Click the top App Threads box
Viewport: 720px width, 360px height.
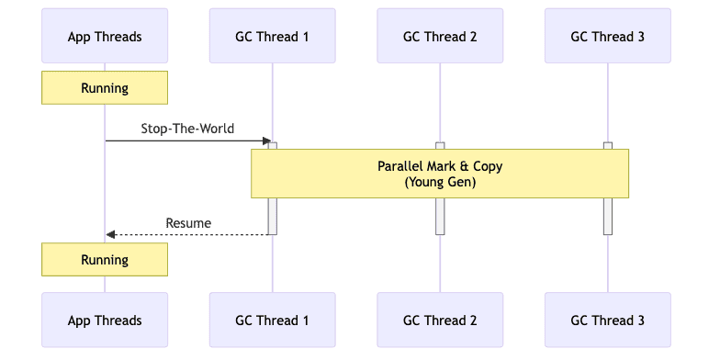pyautogui.click(x=105, y=37)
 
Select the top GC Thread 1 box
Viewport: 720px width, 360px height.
pyautogui.click(x=272, y=37)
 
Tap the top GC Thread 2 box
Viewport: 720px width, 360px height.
pyautogui.click(x=440, y=37)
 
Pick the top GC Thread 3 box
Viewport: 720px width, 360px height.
pyautogui.click(x=607, y=37)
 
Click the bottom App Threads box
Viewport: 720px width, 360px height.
pyautogui.click(x=105, y=321)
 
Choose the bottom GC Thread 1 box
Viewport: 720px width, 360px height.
pyautogui.click(x=272, y=321)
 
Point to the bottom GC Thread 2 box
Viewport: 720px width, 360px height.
pyautogui.click(x=440, y=321)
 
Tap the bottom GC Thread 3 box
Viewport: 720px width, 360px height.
pyautogui.click(x=607, y=321)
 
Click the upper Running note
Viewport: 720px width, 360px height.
pyautogui.click(x=105, y=89)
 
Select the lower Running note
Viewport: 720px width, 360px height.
pyautogui.click(x=105, y=260)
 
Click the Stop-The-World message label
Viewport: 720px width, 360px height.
pyautogui.click(x=187, y=129)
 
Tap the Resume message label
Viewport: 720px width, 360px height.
pyautogui.click(x=188, y=223)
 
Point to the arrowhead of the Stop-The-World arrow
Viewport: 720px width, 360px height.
pyautogui.click(x=268, y=141)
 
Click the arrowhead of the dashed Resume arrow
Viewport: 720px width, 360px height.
pyautogui.click(x=109, y=235)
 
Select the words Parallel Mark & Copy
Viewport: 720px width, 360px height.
pyautogui.click(x=440, y=166)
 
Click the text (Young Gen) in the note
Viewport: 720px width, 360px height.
pyautogui.click(x=440, y=183)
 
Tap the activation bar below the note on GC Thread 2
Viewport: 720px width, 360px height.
pyautogui.click(x=440, y=216)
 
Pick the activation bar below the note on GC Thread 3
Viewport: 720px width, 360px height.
pyautogui.click(x=607, y=216)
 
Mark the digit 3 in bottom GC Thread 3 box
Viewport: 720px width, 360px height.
pyautogui.click(x=640, y=321)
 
